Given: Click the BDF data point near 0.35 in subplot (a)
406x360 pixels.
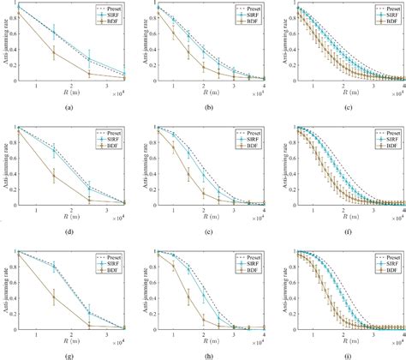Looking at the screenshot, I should [55, 54].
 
